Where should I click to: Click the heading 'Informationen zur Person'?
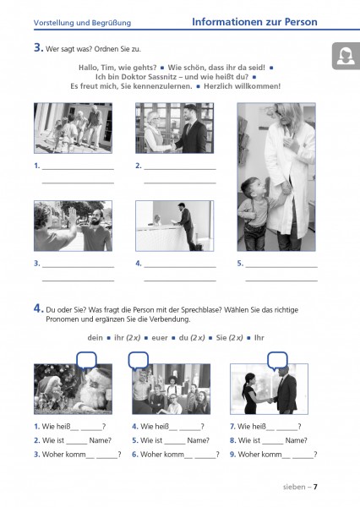click(x=254, y=22)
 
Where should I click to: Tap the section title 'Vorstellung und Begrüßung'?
click(x=82, y=23)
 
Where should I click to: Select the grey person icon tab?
click(x=346, y=56)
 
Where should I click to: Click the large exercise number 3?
click(x=38, y=47)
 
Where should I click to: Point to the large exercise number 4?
click(x=38, y=308)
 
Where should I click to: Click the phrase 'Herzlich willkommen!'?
click(x=243, y=86)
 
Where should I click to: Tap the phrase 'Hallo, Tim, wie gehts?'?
click(x=117, y=68)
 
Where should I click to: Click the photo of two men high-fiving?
click(x=74, y=226)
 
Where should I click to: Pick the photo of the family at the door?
click(x=74, y=128)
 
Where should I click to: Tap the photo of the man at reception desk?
click(x=175, y=226)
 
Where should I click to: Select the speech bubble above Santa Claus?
click(x=86, y=361)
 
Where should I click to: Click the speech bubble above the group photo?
click(x=139, y=361)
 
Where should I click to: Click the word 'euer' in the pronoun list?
click(x=160, y=338)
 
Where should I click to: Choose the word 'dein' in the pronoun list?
click(x=95, y=338)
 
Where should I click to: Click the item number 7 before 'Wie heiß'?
click(x=232, y=427)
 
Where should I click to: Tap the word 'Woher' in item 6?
click(x=150, y=455)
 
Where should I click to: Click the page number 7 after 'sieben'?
click(x=315, y=487)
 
